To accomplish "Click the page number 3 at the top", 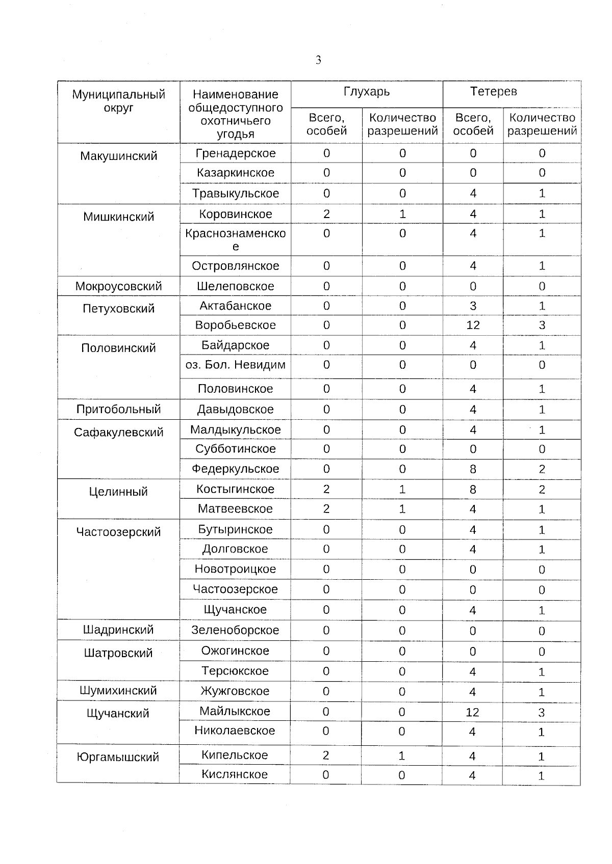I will pyautogui.click(x=318, y=60).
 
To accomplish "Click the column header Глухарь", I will pyautogui.click(x=366, y=92).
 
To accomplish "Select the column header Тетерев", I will pyautogui.click(x=493, y=92).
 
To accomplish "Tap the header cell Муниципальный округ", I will pyautogui.click(x=118, y=101).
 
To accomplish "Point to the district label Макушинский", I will pyautogui.click(x=118, y=156).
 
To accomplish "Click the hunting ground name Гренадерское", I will pyautogui.click(x=235, y=153).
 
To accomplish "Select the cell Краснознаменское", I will pyautogui.click(x=235, y=239).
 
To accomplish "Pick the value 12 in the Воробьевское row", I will pyautogui.click(x=473, y=325).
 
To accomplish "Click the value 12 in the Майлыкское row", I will pyautogui.click(x=472, y=712).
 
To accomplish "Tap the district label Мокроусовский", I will pyautogui.click(x=118, y=286).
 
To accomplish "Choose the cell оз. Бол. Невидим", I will pyautogui.click(x=235, y=365).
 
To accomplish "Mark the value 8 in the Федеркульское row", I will pyautogui.click(x=473, y=469).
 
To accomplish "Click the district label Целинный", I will pyautogui.click(x=118, y=492).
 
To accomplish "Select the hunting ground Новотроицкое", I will pyautogui.click(x=235, y=569).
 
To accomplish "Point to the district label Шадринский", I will pyautogui.click(x=118, y=630).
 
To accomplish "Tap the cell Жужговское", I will pyautogui.click(x=235, y=691).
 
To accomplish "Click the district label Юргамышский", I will pyautogui.click(x=118, y=758).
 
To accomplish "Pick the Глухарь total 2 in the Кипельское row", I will pyautogui.click(x=326, y=755).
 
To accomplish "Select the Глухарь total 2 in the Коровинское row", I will pyautogui.click(x=326, y=214).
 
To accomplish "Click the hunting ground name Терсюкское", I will pyautogui.click(x=235, y=671).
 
